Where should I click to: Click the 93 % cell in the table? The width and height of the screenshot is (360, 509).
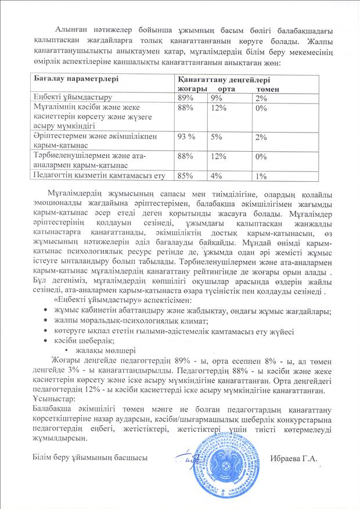[188, 137]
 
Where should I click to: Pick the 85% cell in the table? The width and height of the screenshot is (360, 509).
[186, 175]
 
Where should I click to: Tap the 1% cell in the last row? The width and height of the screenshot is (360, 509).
[261, 175]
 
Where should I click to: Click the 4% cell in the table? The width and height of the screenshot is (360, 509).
[217, 175]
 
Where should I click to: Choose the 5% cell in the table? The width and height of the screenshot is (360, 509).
[217, 137]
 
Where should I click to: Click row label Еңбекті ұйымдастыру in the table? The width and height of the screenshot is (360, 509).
[73, 98]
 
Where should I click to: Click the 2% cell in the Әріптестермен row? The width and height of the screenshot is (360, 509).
[261, 137]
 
